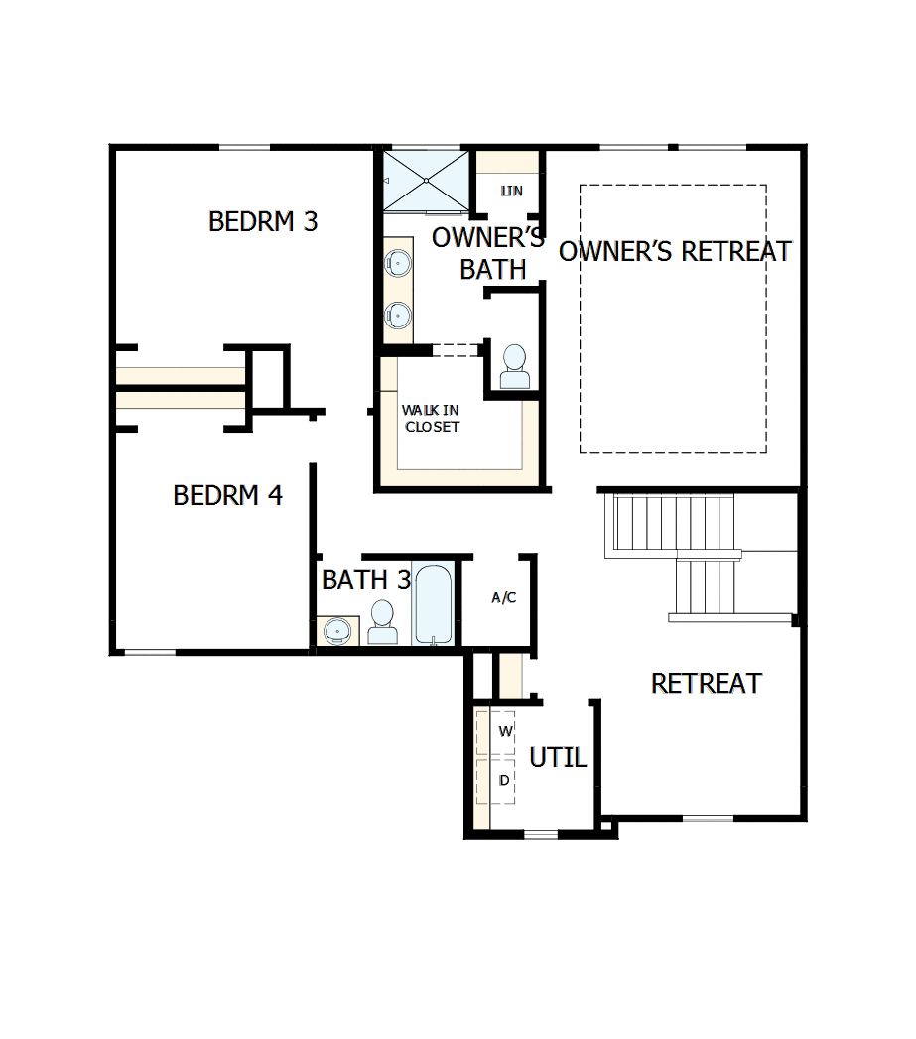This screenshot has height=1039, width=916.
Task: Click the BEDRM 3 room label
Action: coord(263,221)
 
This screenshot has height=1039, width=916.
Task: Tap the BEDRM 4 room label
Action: coord(228,495)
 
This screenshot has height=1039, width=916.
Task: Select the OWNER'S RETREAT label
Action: coord(675,252)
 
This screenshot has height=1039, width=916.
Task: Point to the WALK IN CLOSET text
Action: coord(432,418)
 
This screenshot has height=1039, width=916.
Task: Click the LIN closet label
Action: coord(512,191)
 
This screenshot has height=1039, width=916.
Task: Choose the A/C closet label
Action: coord(504,597)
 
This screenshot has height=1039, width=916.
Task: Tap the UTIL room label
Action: coord(558,758)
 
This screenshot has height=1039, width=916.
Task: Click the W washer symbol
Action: coord(504,732)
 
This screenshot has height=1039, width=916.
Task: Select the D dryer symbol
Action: coord(504,781)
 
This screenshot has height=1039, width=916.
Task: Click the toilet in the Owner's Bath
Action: coord(515,368)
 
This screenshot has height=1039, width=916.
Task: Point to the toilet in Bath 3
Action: coord(381,623)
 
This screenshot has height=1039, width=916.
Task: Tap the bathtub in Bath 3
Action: coord(434,604)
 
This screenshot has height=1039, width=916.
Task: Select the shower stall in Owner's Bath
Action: coord(426,180)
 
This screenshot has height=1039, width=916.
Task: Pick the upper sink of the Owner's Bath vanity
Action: coord(398,263)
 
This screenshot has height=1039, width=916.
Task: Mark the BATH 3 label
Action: coord(366,581)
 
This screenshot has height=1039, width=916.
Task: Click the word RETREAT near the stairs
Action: coord(706,684)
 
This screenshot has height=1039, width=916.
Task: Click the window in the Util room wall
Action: coord(541,834)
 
